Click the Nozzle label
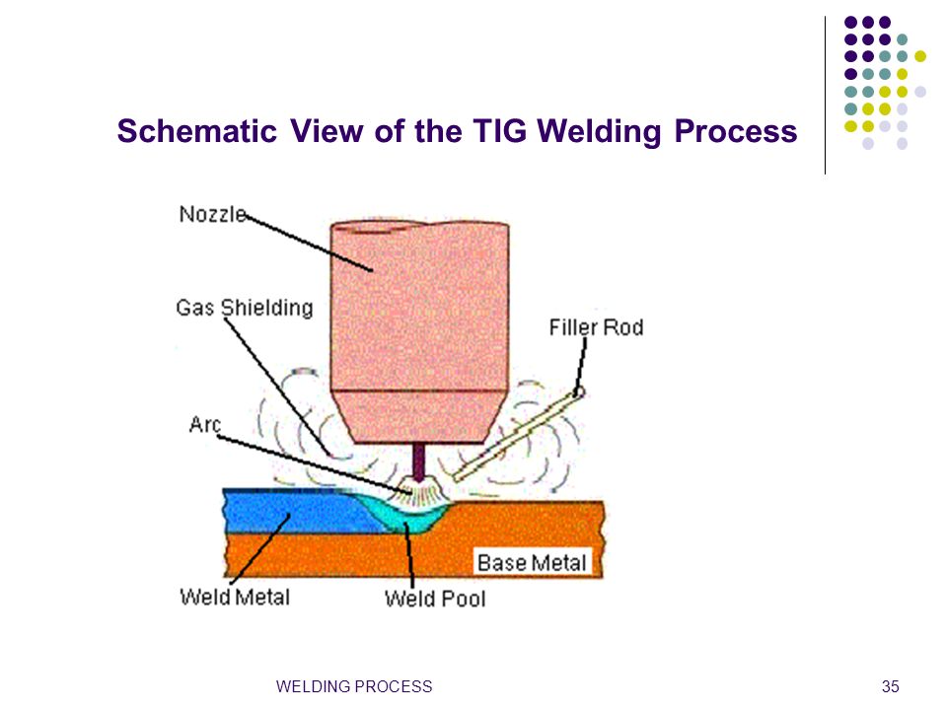[213, 214]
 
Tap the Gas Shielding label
[245, 308]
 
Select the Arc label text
[205, 424]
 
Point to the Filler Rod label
[596, 327]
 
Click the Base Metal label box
[532, 563]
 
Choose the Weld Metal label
[235, 598]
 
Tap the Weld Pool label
[435, 599]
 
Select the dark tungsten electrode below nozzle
[418, 461]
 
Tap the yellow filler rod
[518, 436]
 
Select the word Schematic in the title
[197, 131]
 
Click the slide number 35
[890, 686]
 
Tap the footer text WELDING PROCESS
[354, 686]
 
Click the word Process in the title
[736, 131]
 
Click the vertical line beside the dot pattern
[825, 96]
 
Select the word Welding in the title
[599, 131]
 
